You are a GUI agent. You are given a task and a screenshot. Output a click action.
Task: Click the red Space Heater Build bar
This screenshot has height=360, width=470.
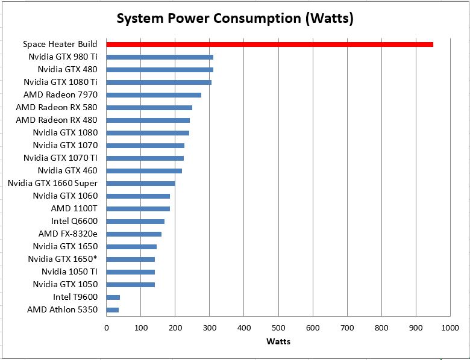coord(269,45)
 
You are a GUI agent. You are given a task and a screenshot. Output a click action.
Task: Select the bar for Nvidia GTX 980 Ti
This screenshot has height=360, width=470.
coord(160,57)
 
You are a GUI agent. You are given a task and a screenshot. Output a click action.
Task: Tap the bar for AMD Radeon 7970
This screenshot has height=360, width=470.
coord(154,95)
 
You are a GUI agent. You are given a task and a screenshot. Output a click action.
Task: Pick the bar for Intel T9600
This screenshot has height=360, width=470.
coord(113,297)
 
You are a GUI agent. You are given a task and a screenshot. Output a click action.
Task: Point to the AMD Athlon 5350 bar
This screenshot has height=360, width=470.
coord(113,309)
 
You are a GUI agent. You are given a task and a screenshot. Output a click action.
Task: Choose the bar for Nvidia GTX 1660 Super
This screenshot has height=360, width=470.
coord(140,183)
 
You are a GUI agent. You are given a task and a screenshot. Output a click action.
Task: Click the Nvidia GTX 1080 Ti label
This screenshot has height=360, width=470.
coord(60,82)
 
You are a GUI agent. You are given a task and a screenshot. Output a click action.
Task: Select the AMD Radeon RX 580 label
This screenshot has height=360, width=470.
coord(57,107)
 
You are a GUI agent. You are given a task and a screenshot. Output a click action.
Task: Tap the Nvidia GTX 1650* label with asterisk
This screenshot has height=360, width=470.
coord(63,259)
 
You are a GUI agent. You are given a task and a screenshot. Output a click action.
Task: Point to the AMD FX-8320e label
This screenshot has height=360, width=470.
coord(67,234)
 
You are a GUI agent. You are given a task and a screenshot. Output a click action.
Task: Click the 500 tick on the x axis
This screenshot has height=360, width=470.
coord(278,328)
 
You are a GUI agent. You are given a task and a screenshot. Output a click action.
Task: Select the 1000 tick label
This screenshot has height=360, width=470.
coord(450,328)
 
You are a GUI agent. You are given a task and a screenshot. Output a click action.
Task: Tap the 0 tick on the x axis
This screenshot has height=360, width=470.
coord(107,328)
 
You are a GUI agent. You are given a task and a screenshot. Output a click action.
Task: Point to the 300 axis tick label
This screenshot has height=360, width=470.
coord(209,328)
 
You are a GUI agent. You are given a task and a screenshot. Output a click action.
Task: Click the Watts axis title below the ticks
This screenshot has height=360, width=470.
coord(278,341)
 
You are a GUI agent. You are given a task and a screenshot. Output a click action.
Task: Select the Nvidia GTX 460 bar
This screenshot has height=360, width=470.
coord(144,170)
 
